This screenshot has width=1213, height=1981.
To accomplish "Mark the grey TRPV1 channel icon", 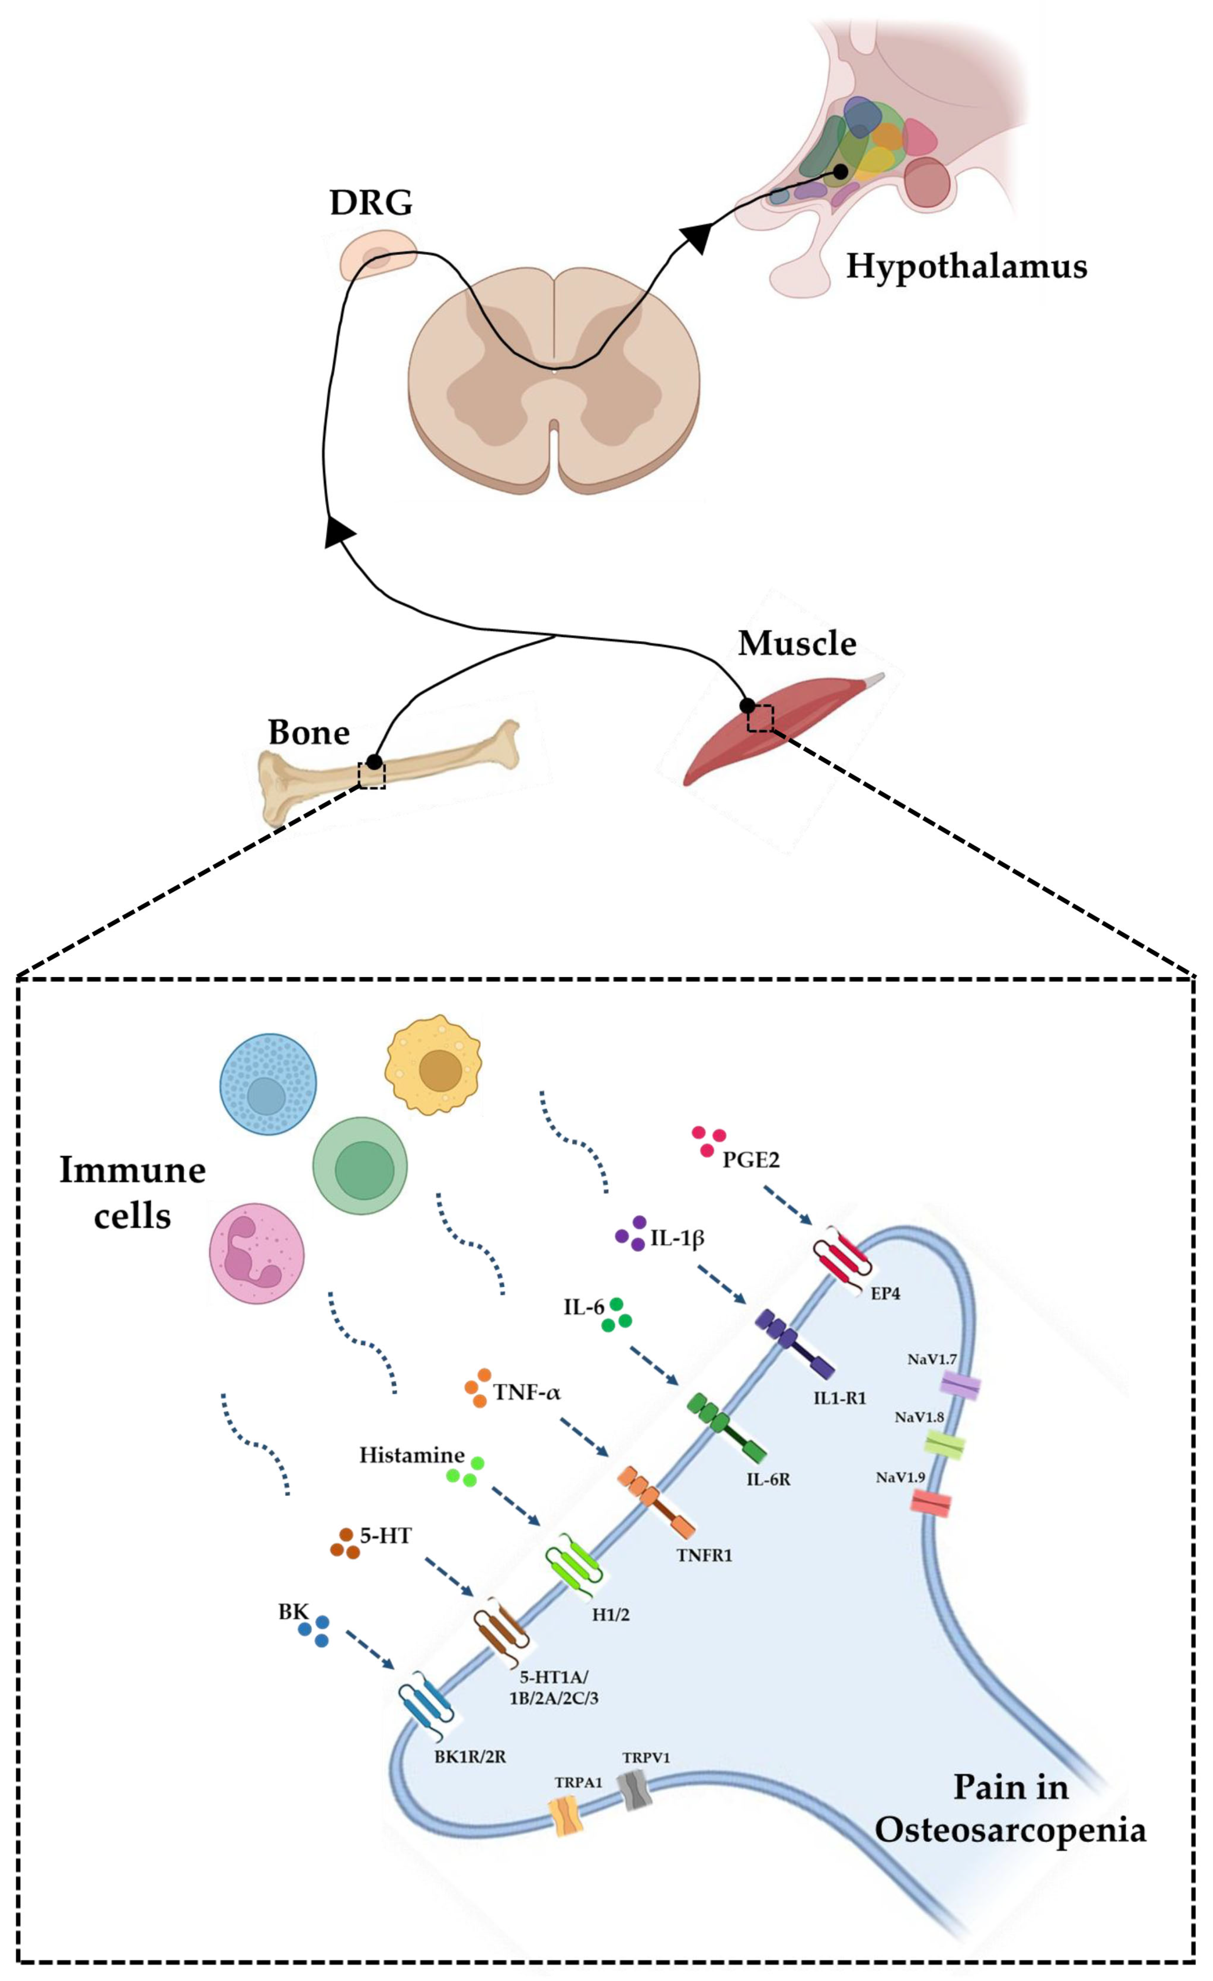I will (x=634, y=1789).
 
